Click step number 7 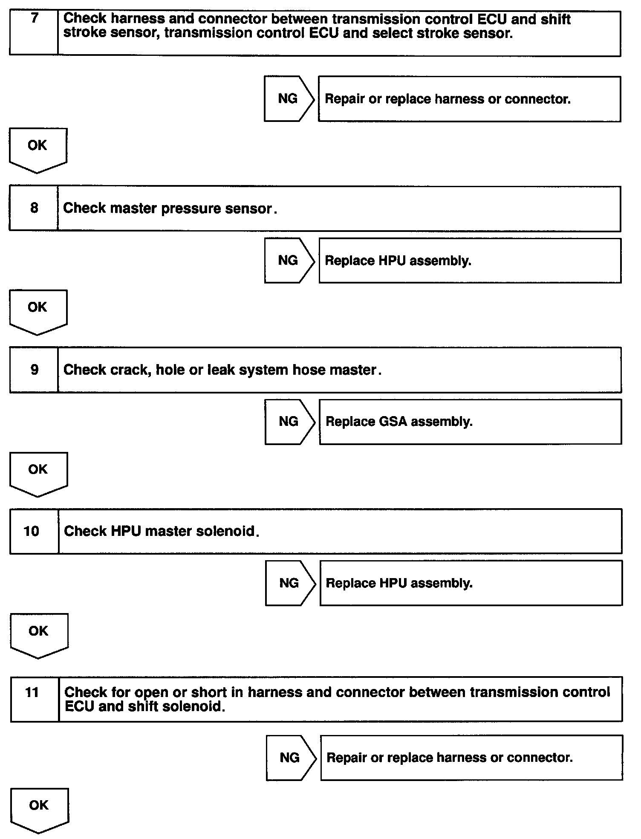point(35,19)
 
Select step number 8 point(34,208)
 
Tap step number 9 point(35,370)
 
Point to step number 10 point(32,531)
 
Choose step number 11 point(32,692)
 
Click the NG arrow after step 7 point(289,99)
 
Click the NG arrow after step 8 point(289,260)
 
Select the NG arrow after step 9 point(289,422)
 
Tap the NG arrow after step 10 point(289,583)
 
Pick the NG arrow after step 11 point(290,758)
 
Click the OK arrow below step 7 point(38,149)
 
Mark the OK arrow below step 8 point(38,311)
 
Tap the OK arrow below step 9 point(38,473)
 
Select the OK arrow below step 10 point(38,634)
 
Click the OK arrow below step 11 point(39,809)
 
